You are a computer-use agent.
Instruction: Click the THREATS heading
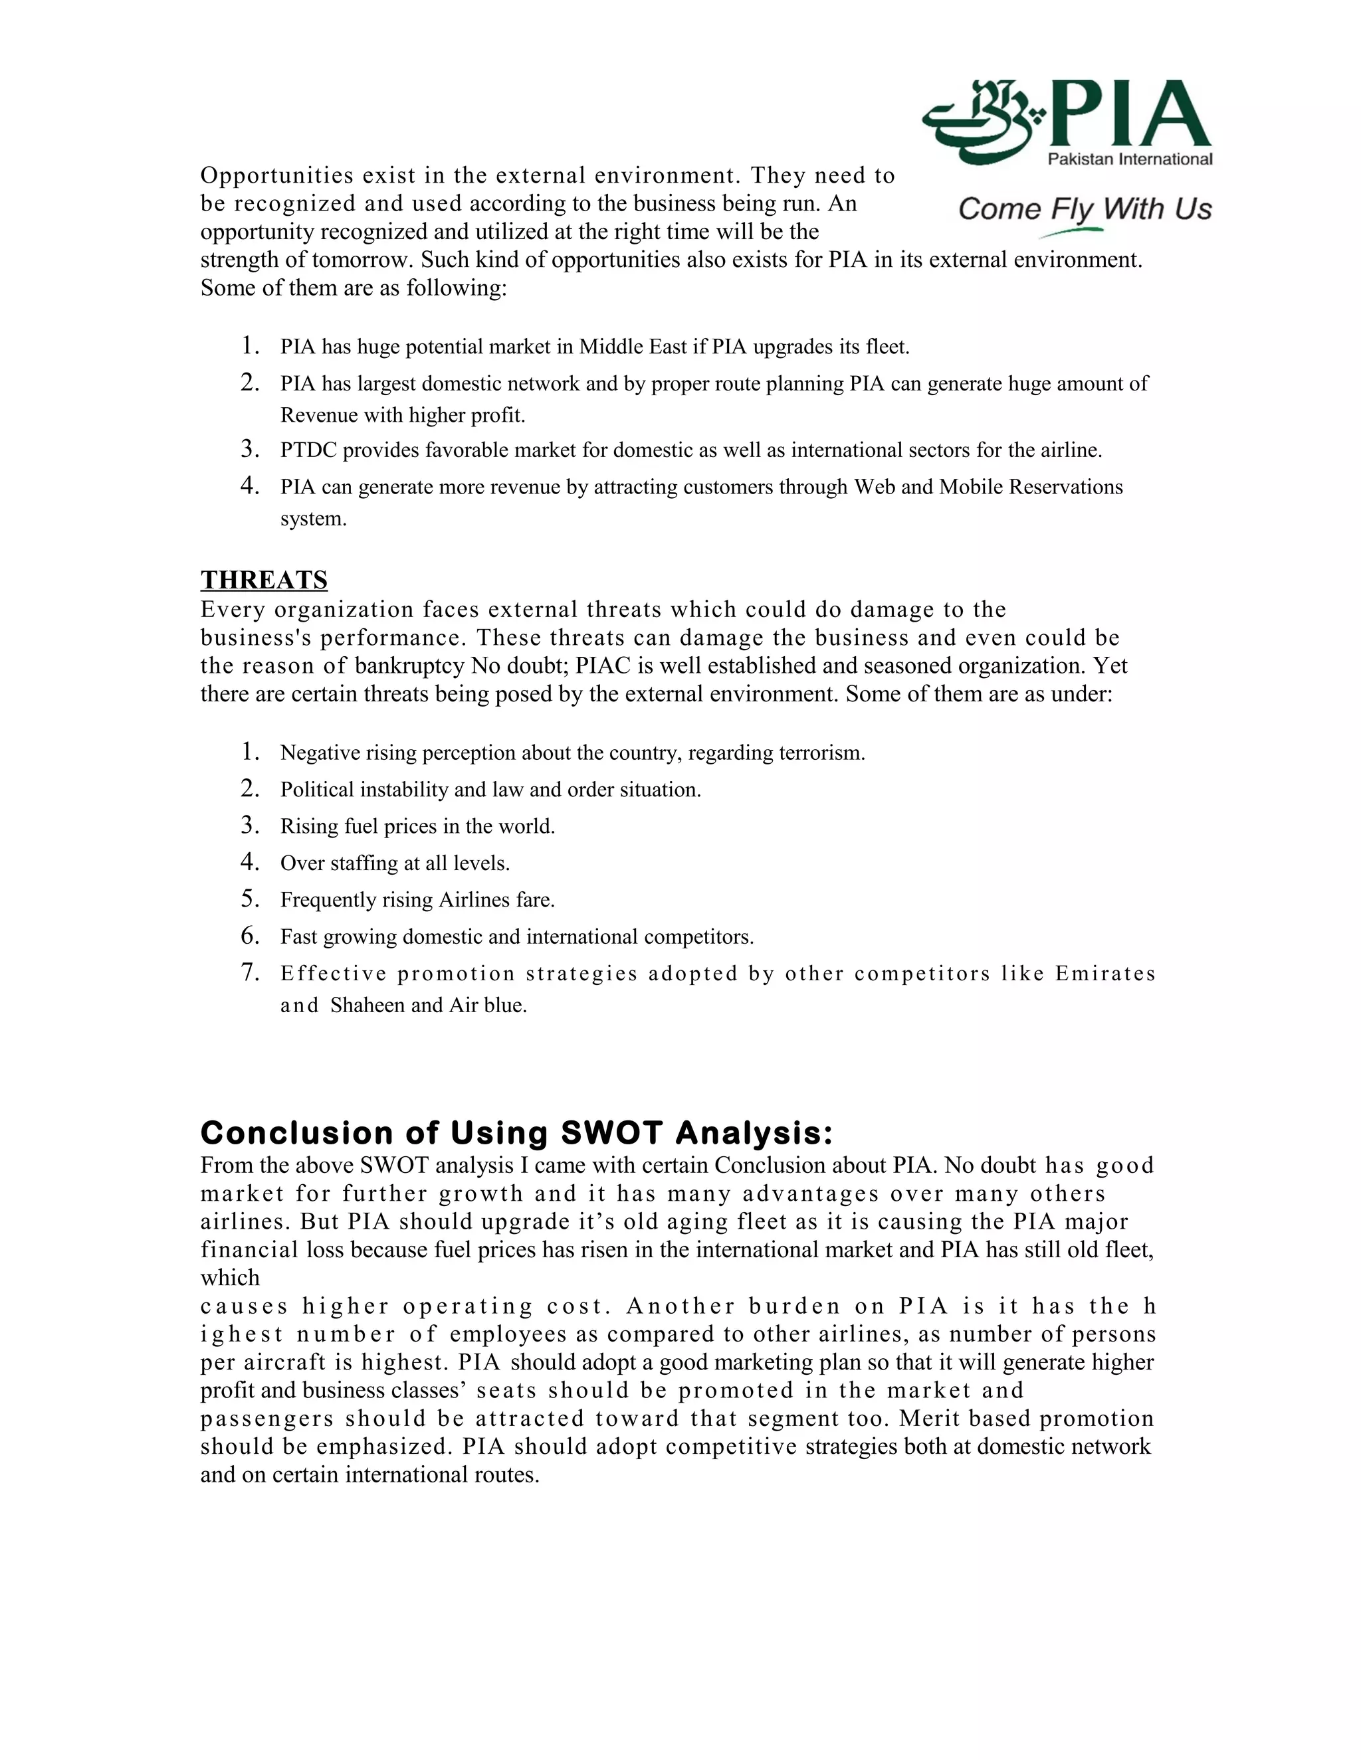(x=264, y=580)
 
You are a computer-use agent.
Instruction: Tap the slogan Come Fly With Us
(x=1085, y=209)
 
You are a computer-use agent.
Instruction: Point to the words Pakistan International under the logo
(x=1129, y=159)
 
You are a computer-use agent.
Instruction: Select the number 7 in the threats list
(x=250, y=973)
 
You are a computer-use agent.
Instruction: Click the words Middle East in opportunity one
(x=632, y=347)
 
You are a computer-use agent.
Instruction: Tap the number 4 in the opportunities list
(x=250, y=486)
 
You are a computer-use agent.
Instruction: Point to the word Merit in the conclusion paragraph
(x=930, y=1419)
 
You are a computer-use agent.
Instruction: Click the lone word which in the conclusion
(x=230, y=1278)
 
